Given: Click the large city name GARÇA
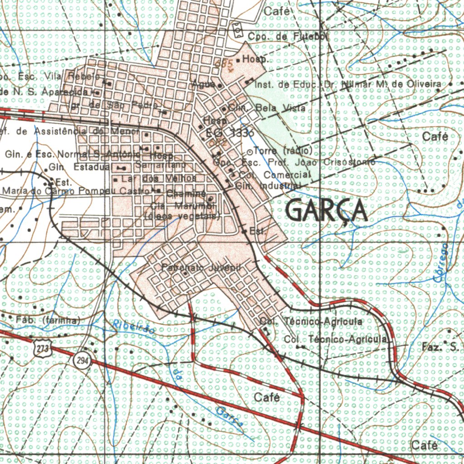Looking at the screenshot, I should point(327,211).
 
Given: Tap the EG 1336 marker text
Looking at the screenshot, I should point(230,133).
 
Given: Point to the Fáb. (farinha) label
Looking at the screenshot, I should point(48,320).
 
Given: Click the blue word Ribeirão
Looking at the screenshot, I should point(133,327).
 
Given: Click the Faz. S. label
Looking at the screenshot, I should point(440,348).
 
